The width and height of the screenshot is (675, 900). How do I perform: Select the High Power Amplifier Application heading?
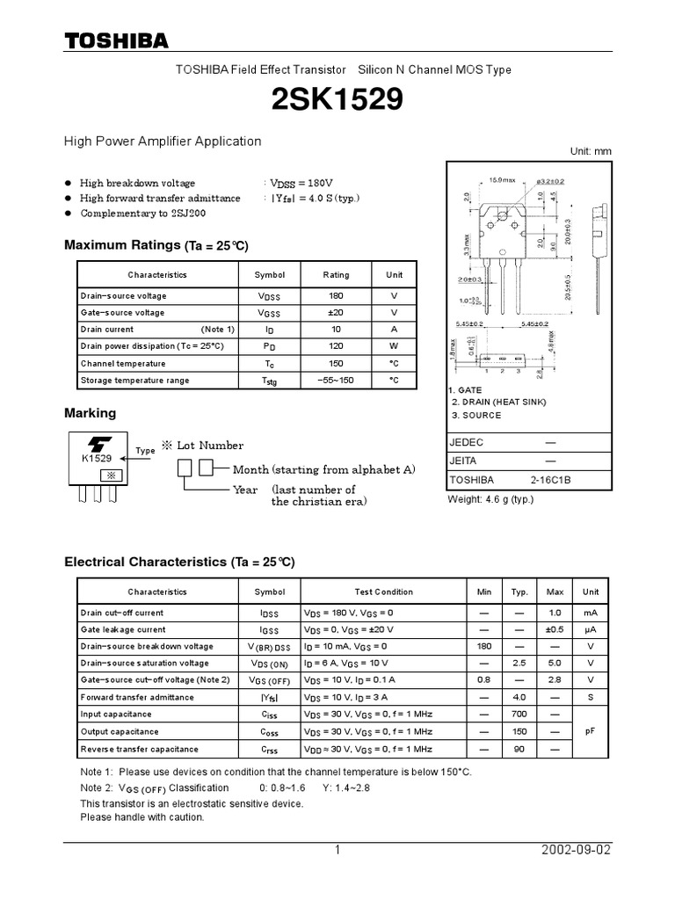pos(163,141)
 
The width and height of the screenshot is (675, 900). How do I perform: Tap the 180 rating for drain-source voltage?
pos(336,296)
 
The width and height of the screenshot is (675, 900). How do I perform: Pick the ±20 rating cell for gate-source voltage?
pos(336,313)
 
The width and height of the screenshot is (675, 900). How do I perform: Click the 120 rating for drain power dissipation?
pos(336,346)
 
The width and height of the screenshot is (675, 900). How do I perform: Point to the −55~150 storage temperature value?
pos(336,381)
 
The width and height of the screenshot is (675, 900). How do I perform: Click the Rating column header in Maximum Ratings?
pos(336,275)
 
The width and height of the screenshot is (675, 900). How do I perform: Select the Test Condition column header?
pos(383,592)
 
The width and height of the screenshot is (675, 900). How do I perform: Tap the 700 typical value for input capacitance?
pos(519,715)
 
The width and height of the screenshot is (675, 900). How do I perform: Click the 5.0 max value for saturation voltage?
pos(555,663)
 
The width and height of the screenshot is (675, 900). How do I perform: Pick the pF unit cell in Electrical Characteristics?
pos(591,731)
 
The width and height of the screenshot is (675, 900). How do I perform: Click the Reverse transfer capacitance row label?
pos(139,749)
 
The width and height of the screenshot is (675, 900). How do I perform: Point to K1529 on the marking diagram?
pos(97,459)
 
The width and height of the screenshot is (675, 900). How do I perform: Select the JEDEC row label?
pos(467,442)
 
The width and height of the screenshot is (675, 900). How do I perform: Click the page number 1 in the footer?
pos(337,851)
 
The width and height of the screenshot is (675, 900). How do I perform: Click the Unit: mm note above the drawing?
pos(591,151)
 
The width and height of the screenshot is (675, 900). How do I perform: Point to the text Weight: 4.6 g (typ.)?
pos(490,500)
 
